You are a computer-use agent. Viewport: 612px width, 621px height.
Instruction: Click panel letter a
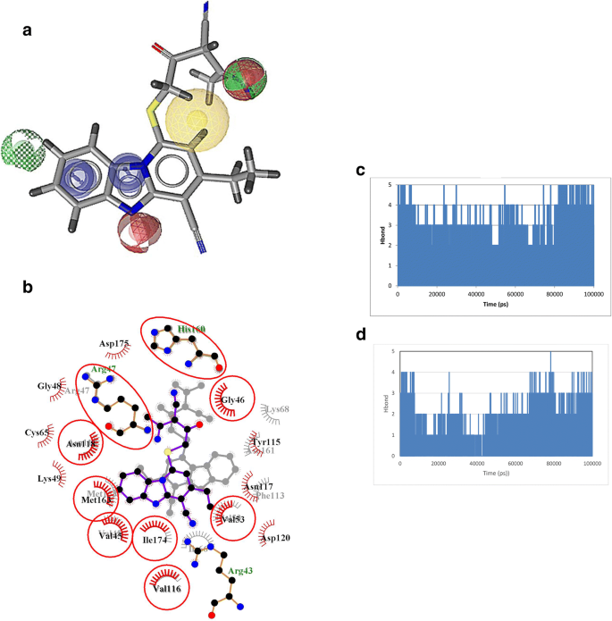pos(28,30)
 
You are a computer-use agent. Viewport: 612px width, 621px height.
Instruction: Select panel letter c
pos(360,169)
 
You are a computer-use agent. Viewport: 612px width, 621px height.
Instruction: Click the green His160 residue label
pos(191,330)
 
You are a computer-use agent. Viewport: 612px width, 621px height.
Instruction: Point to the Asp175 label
pos(115,343)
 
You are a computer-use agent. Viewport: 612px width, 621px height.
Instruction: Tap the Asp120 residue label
pos(274,538)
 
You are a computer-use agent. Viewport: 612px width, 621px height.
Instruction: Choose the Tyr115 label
pos(265,442)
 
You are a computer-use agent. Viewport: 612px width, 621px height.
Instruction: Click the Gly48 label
pos(50,386)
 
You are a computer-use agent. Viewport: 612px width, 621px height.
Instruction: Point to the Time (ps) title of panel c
pos(495,306)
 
